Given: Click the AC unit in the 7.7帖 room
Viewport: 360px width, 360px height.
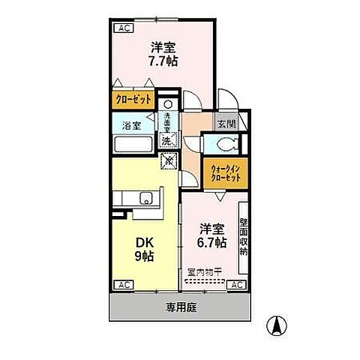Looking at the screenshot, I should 123,28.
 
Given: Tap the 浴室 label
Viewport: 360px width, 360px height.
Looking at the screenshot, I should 130,127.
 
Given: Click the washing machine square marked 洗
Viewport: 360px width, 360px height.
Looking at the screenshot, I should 168,140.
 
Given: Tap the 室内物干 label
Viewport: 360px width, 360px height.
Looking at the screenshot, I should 203,273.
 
